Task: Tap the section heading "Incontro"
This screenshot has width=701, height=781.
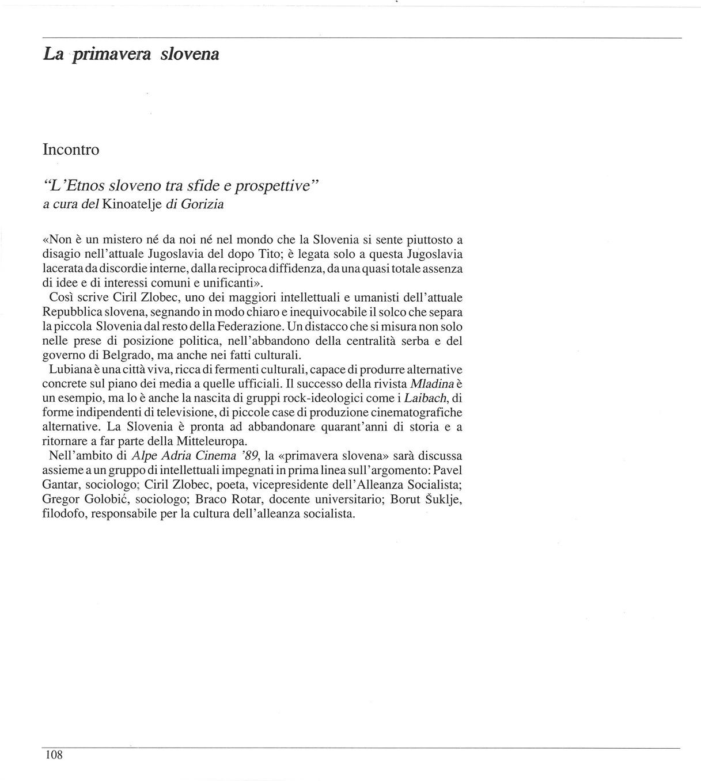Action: click(x=71, y=150)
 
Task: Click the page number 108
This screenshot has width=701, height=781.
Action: click(x=53, y=755)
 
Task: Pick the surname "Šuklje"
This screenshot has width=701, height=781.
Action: click(x=443, y=499)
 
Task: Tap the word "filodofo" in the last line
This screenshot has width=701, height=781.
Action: click(x=65, y=513)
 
